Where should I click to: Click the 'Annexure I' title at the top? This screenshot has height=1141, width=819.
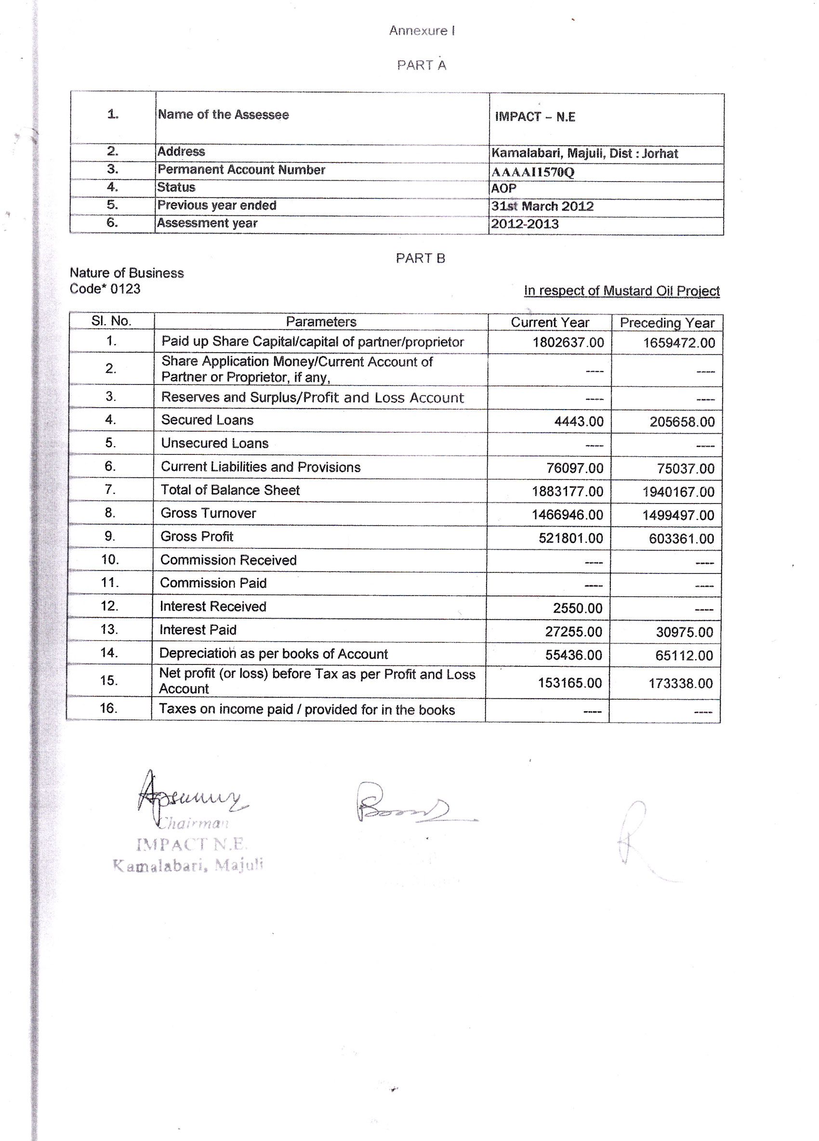(422, 31)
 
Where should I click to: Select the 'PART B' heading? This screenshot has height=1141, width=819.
(420, 258)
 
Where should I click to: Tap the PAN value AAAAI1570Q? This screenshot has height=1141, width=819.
(532, 172)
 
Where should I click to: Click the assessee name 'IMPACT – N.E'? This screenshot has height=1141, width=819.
(535, 117)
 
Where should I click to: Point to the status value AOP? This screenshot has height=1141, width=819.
(503, 189)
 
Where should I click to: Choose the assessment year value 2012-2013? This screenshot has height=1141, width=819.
(525, 224)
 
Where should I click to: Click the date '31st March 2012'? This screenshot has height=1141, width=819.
(542, 206)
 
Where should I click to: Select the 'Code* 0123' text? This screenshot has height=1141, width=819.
(105, 289)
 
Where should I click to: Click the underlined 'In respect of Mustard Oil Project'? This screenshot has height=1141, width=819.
(621, 291)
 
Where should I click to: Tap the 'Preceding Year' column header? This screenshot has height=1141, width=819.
(667, 323)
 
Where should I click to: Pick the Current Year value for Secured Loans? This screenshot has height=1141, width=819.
(579, 422)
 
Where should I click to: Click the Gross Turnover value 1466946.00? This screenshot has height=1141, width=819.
(567, 515)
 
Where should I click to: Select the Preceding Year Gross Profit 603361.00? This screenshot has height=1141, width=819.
(681, 539)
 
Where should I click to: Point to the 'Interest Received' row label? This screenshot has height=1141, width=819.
(213, 607)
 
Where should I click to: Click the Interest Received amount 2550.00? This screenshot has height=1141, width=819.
(578, 608)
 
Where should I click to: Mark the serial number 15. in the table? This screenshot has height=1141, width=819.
(109, 681)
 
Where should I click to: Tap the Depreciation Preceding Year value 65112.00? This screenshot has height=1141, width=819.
(684, 655)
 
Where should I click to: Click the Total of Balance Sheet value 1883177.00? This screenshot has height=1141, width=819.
(568, 491)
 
